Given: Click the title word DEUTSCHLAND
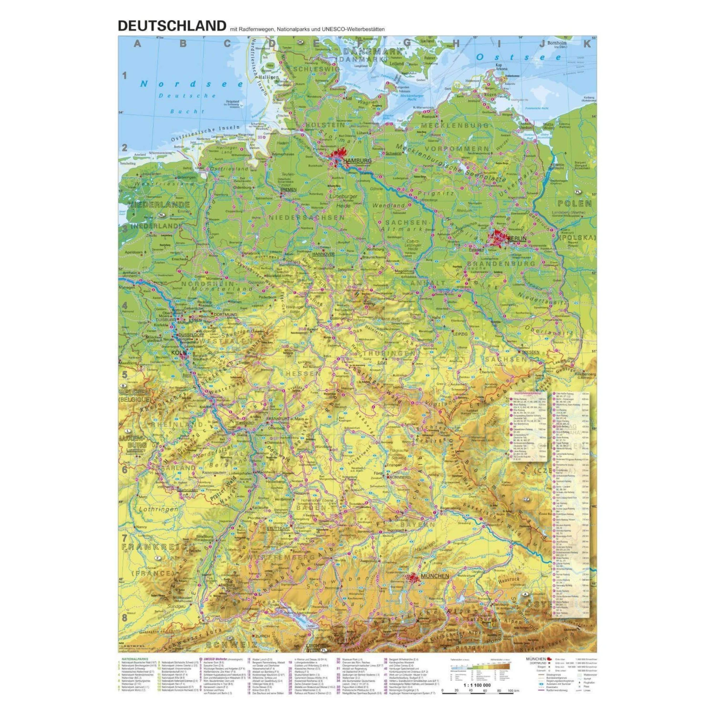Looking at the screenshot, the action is point(172,26).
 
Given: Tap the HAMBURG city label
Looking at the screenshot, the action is point(357,161).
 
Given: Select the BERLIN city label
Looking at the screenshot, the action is point(517,238).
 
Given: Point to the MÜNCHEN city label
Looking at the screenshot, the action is point(435,576).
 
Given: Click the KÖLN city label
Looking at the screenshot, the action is point(179,353).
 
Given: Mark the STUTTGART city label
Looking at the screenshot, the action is point(278,529).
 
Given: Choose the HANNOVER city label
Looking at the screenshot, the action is point(323,254).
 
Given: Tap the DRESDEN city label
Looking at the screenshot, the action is point(530,352).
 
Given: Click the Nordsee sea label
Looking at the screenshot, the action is point(191,84).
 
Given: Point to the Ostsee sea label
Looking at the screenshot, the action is point(519,57).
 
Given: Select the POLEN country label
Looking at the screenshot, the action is point(574,204).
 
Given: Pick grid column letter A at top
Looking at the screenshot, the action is point(138,44).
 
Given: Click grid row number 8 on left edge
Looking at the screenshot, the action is point(125,617).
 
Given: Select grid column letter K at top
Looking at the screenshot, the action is point(587,44).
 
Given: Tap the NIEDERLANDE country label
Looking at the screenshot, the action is point(159,204).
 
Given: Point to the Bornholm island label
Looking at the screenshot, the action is point(557,43).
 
